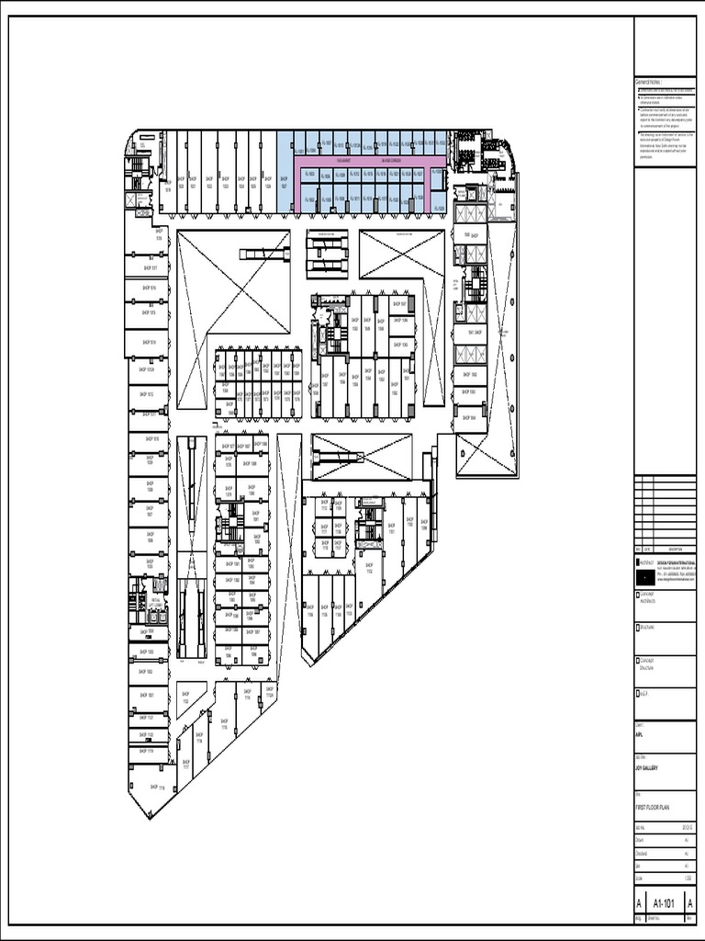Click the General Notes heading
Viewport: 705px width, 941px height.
[x=648, y=82]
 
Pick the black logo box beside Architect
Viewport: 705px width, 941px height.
[x=644, y=574]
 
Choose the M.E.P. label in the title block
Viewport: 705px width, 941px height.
[x=643, y=693]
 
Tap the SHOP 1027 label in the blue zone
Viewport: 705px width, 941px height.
[x=284, y=183]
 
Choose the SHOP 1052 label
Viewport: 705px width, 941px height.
[x=470, y=375]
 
